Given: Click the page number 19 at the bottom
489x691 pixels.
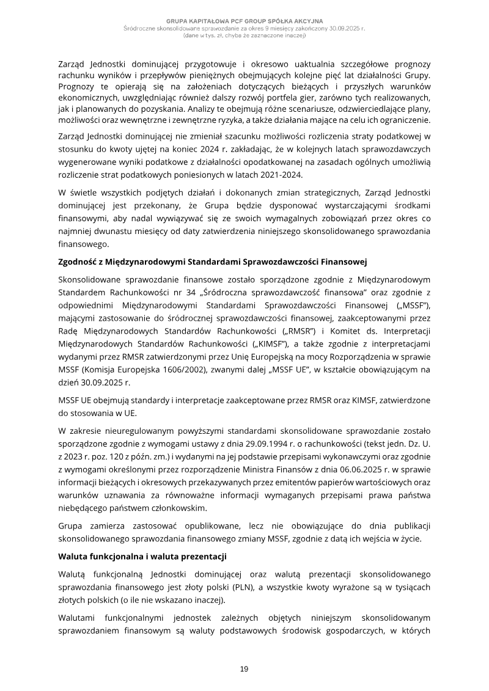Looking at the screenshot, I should point(244,670).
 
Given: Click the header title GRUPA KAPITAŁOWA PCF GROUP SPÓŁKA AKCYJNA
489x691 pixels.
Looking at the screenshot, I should point(244,21).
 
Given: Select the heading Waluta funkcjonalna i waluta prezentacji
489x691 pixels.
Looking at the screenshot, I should point(142,556).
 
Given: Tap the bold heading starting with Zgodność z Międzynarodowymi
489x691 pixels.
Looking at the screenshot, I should point(211,262).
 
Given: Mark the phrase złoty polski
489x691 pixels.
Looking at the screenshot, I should point(190,587).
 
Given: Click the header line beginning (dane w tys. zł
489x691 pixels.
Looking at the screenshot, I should point(244,35).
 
